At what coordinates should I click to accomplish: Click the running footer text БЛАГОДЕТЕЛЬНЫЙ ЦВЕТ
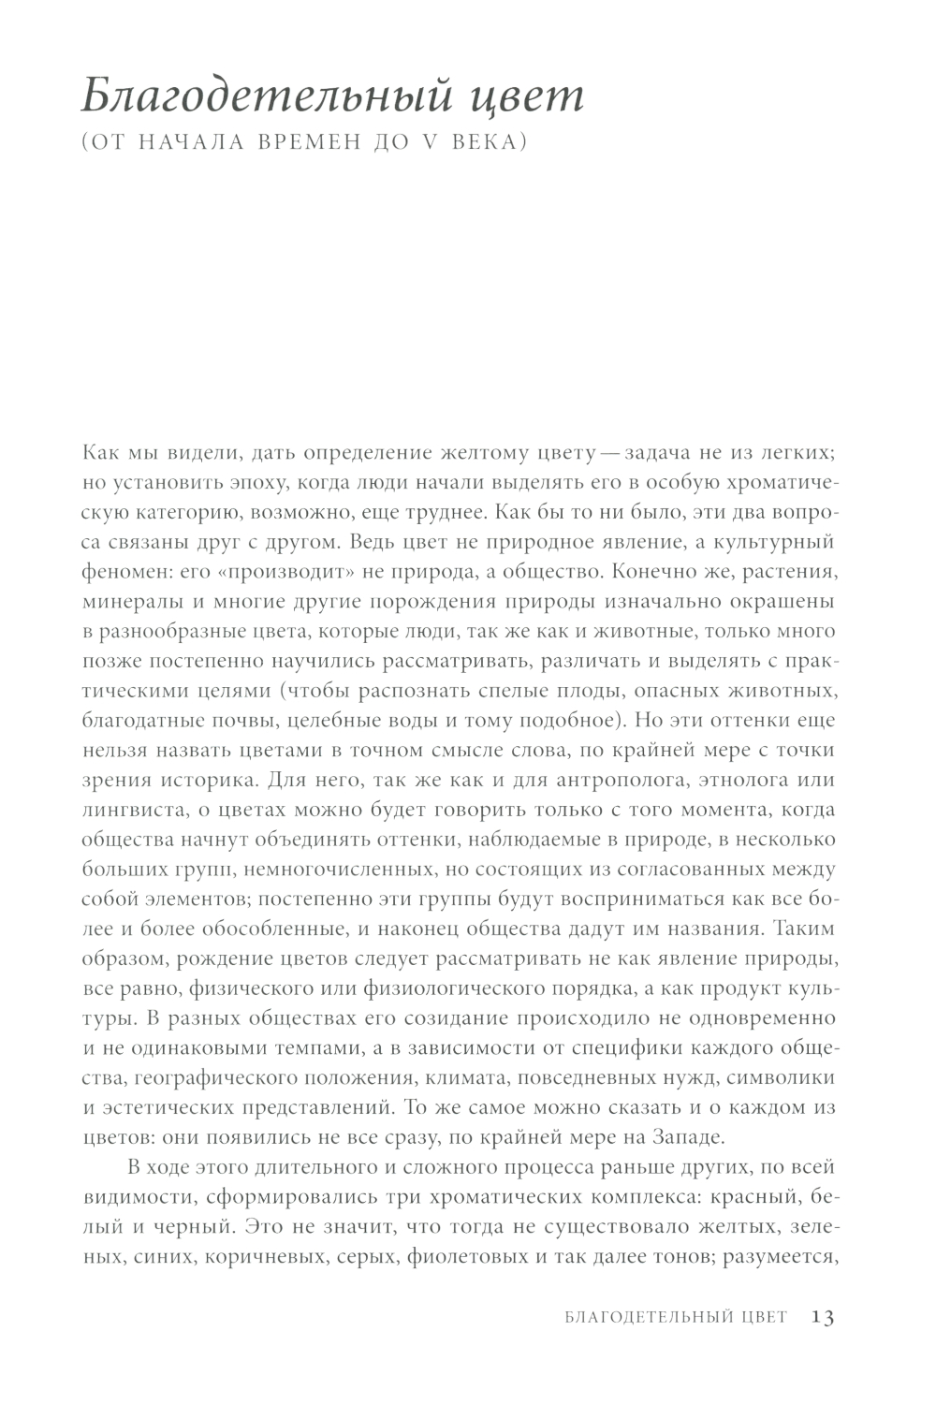(x=677, y=1317)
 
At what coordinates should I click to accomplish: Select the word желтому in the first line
(x=489, y=453)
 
